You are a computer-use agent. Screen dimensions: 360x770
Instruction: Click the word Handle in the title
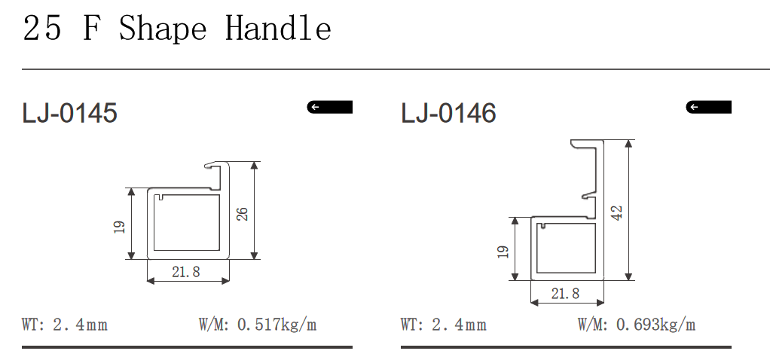point(278,29)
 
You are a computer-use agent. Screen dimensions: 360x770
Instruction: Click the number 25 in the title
point(42,29)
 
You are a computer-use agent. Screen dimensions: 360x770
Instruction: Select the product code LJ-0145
point(69,114)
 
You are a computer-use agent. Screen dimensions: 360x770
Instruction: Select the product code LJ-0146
point(448,114)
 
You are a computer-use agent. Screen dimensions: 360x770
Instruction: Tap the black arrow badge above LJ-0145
point(330,107)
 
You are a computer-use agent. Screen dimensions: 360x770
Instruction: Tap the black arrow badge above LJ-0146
point(708,107)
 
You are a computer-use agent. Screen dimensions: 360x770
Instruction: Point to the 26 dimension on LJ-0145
point(243,213)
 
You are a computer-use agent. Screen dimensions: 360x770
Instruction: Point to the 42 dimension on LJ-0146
point(617,212)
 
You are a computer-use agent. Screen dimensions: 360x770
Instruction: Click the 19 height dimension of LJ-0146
point(503,250)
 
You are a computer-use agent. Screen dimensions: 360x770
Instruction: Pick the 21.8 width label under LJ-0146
point(565,293)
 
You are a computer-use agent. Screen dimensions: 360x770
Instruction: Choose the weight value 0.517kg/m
point(277,325)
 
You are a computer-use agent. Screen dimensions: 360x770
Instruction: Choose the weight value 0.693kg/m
point(655,325)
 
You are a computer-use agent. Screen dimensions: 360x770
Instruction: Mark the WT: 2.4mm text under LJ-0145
point(65,325)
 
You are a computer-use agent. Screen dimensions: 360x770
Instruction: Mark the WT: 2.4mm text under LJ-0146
point(444,325)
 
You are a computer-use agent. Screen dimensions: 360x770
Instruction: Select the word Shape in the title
point(163,29)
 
